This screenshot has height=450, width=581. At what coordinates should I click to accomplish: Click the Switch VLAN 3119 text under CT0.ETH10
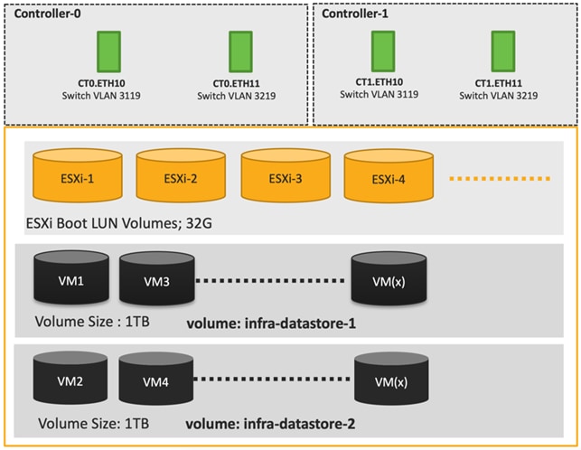click(x=108, y=94)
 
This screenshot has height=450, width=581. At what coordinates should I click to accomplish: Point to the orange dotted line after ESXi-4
click(x=501, y=178)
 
